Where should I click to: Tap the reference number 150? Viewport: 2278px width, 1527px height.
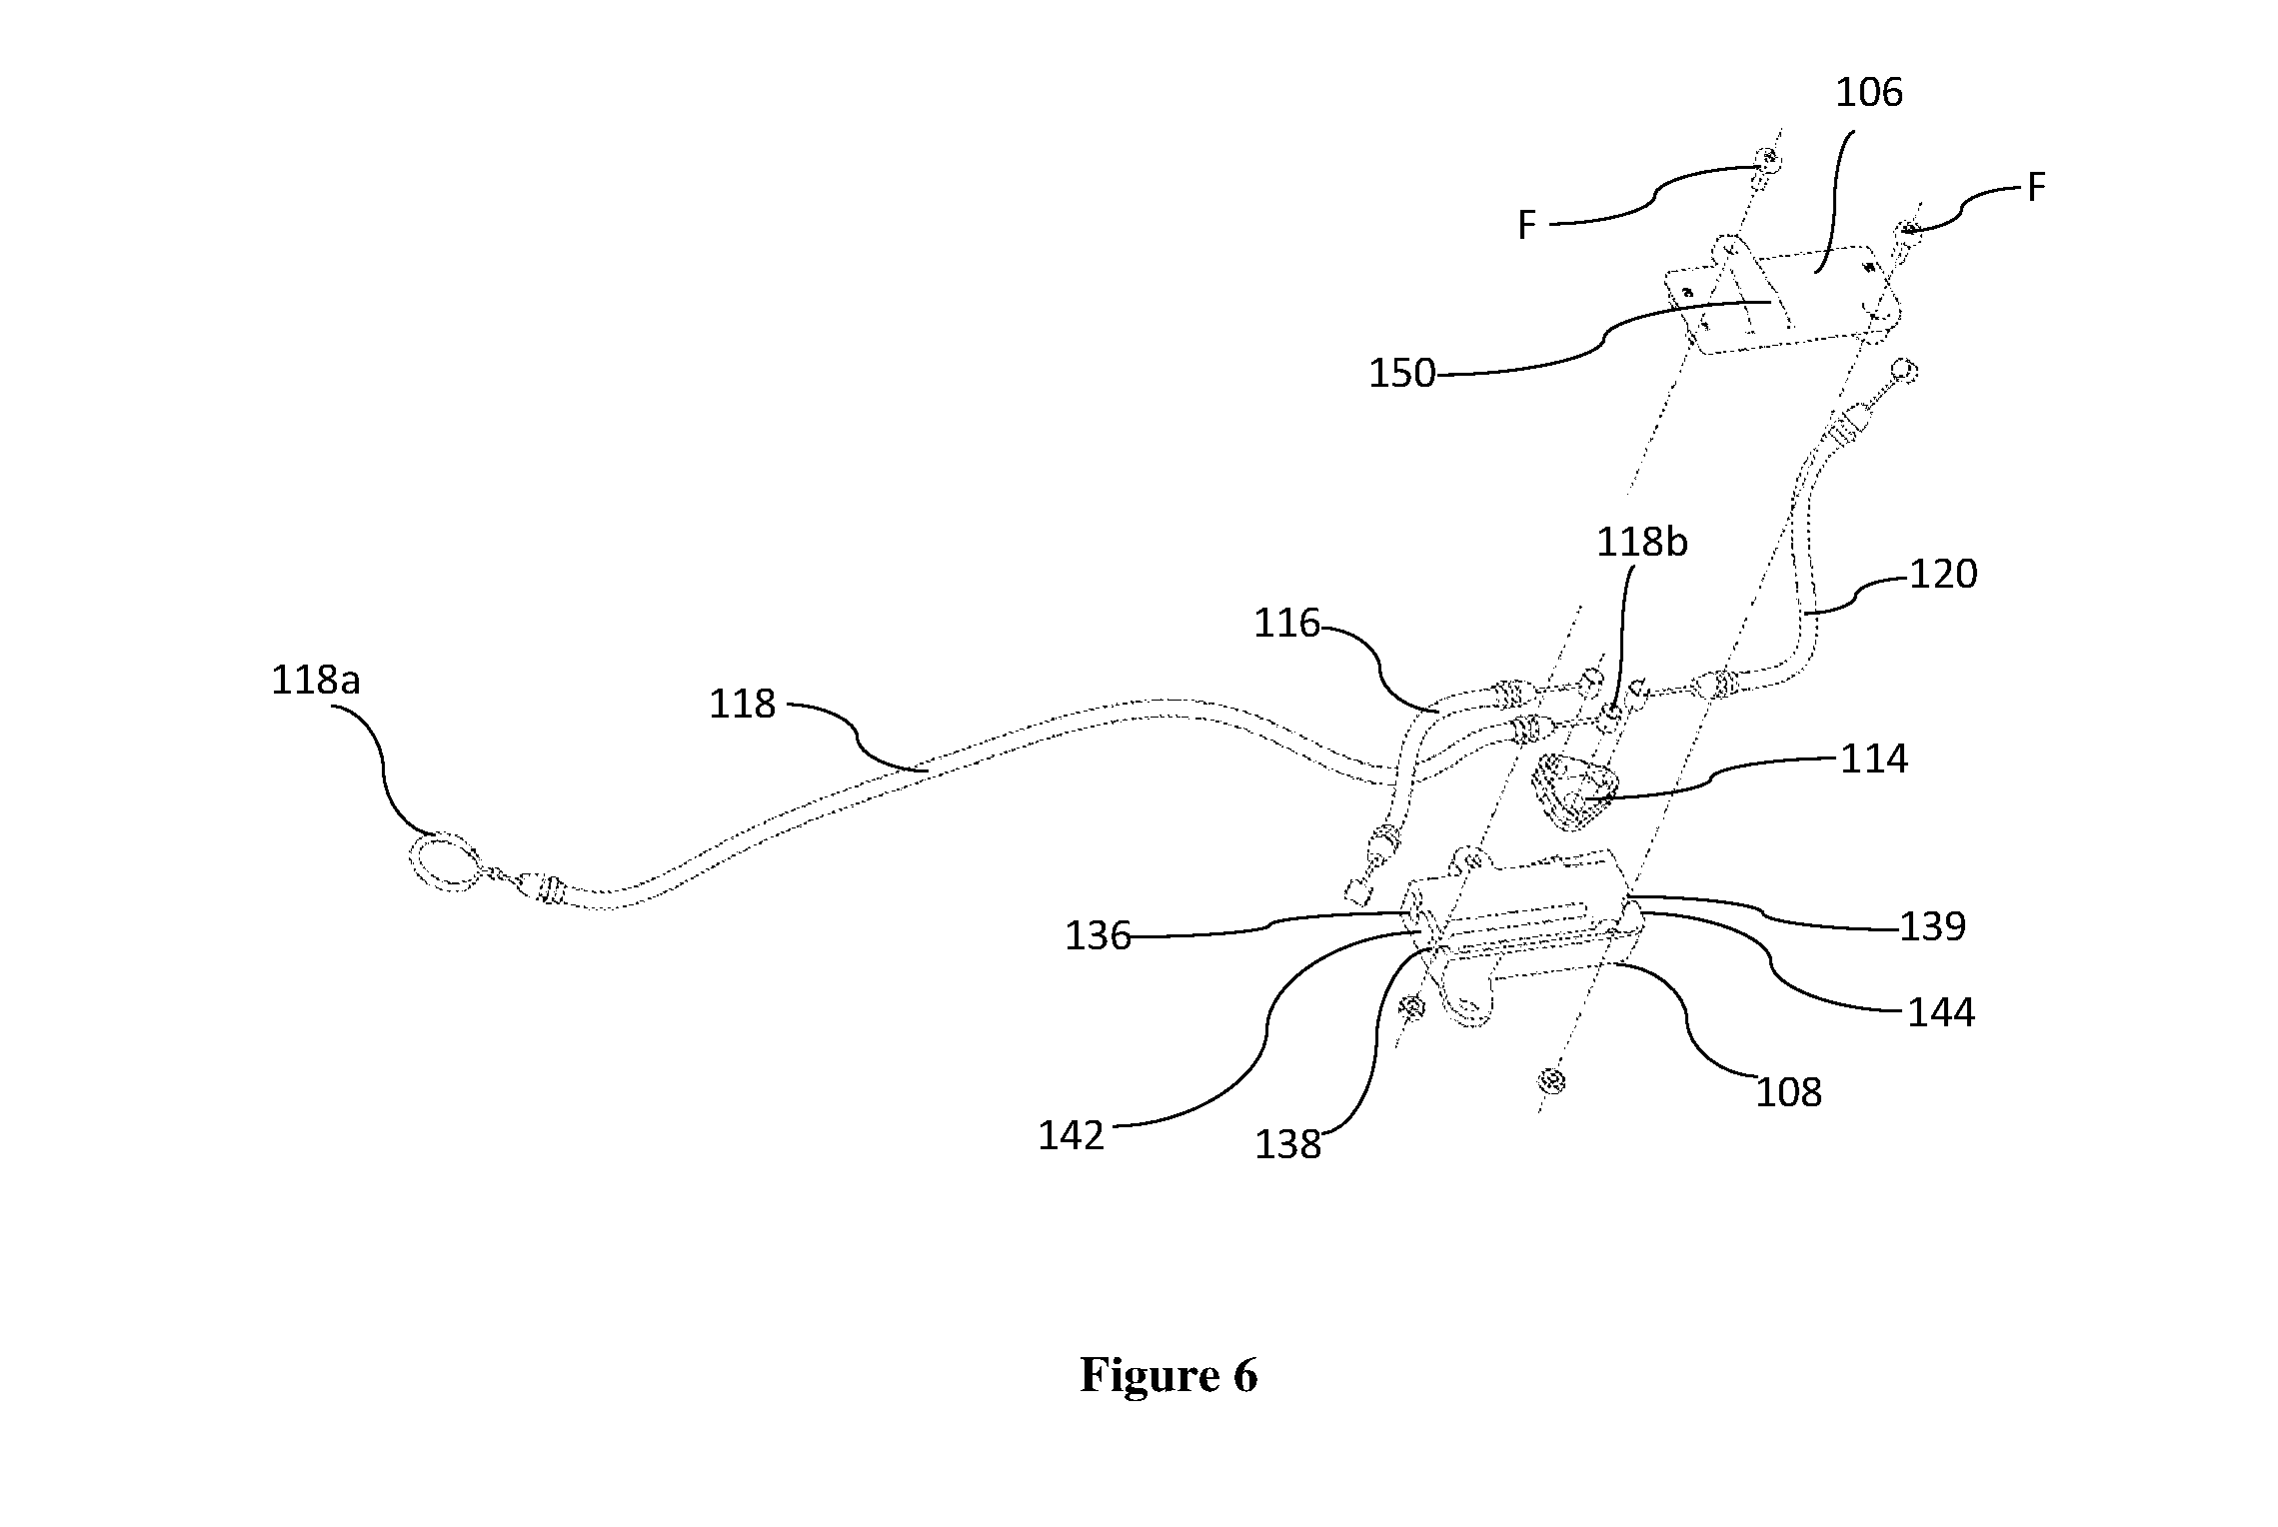(x=1401, y=374)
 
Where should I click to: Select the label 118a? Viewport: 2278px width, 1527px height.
(x=316, y=681)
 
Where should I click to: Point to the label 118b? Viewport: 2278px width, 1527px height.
(x=1642, y=543)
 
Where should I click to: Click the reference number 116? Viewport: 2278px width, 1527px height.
(x=1287, y=624)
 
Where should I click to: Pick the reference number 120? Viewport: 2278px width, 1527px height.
(x=1943, y=575)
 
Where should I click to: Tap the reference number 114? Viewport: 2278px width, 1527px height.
(x=1874, y=760)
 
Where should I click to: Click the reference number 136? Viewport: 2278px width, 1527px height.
(x=1098, y=936)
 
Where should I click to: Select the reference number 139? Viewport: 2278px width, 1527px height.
(x=1932, y=926)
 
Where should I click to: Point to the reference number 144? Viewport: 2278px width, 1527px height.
(x=1941, y=1013)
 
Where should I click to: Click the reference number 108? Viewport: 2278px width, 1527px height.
(x=1789, y=1093)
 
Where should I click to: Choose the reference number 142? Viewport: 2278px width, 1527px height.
(x=1072, y=1136)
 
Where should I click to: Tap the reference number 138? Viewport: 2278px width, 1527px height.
(x=1288, y=1145)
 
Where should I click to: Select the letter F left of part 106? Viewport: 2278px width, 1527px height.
(x=1526, y=226)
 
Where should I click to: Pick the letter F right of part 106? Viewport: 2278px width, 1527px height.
(x=2036, y=187)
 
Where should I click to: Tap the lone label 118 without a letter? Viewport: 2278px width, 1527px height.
(x=743, y=705)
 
